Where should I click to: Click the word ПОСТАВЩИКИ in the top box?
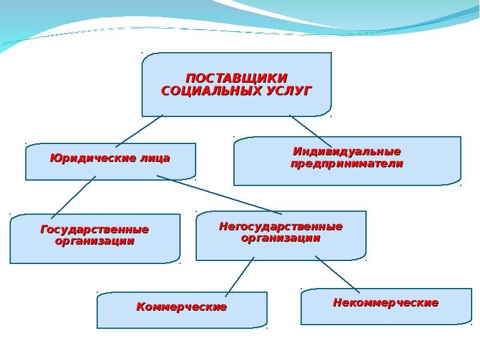(x=236, y=79)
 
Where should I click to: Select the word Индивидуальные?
(x=347, y=151)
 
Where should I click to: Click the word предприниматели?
(x=347, y=163)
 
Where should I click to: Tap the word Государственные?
(x=95, y=230)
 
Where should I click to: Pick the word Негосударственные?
(x=281, y=227)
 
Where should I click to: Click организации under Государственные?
(x=95, y=241)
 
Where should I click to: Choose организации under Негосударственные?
(x=281, y=238)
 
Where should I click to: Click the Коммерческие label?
(x=182, y=307)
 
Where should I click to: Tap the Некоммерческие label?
(x=386, y=303)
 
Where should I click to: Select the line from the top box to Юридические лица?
(x=139, y=131)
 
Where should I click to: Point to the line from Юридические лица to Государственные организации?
(x=73, y=197)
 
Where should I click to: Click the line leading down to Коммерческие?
(x=239, y=277)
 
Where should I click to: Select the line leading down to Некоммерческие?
(x=337, y=274)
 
